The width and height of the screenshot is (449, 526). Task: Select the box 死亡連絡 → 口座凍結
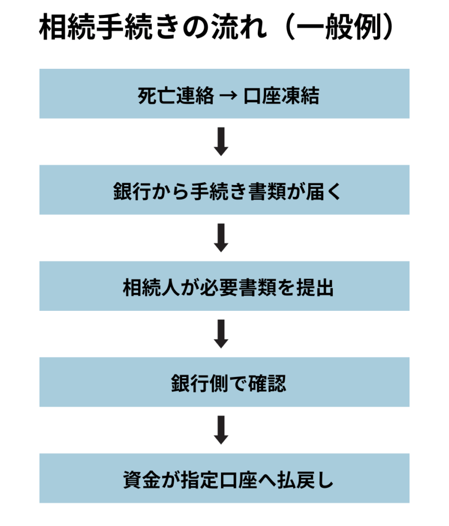point(224,94)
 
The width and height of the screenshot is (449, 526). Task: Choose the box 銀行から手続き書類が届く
point(224,190)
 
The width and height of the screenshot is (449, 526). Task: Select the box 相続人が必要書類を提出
point(224,286)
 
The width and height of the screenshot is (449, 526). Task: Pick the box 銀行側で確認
point(224,382)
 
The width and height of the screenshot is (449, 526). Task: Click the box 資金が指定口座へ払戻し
point(224,478)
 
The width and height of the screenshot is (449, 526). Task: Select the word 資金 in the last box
point(132,480)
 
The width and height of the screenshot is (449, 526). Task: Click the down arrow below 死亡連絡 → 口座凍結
point(221,142)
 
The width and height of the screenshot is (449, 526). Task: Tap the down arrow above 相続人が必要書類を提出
point(221,238)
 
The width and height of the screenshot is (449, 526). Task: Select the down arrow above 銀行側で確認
point(221,334)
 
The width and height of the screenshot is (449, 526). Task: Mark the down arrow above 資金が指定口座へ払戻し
point(221,430)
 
